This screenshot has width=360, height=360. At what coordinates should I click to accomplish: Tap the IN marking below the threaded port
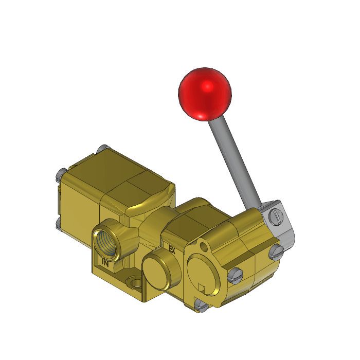(x=105, y=263)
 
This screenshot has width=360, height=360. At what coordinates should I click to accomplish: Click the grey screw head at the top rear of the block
(x=102, y=149)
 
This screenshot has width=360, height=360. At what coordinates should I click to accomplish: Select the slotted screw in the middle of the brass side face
(x=236, y=276)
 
